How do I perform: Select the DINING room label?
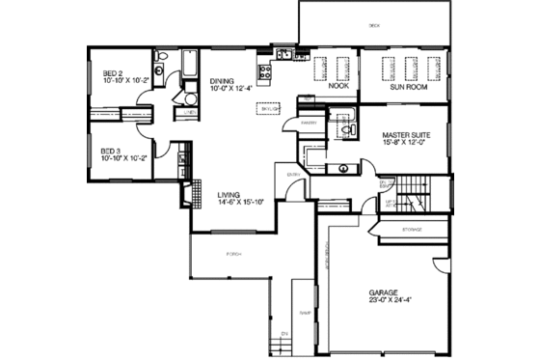click(x=222, y=81)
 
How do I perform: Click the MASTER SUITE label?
click(x=404, y=136)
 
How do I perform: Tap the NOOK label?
click(x=337, y=86)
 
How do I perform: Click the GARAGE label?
click(x=383, y=291)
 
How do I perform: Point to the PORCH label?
click(x=233, y=254)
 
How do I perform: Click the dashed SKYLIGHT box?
click(x=270, y=109)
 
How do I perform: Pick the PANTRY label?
click(x=309, y=124)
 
